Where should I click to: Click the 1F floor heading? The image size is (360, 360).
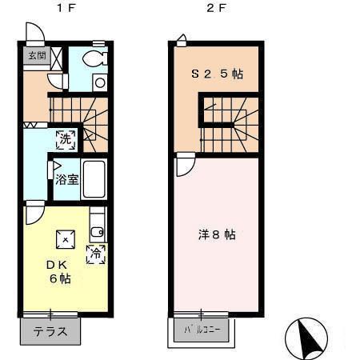tap(66, 8)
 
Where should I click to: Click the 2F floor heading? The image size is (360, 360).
tap(216, 8)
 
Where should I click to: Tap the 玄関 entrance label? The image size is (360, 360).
tap(37, 55)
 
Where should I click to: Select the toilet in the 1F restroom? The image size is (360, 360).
tap(94, 58)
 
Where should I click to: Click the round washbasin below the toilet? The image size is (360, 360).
tap(100, 82)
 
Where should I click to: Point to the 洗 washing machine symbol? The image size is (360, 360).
tap(66, 139)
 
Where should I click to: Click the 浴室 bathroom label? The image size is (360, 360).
tap(66, 179)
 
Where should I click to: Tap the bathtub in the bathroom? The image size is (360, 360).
tap(94, 179)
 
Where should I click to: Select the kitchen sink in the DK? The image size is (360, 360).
tap(97, 232)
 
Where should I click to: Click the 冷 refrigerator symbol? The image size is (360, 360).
tap(96, 254)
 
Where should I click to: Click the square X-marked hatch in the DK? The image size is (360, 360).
tap(66, 240)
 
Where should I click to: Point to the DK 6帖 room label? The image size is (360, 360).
tap(59, 272)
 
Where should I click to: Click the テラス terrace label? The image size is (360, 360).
tap(50, 331)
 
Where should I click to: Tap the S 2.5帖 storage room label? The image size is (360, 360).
tap(217, 74)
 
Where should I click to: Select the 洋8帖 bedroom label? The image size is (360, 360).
tap(217, 234)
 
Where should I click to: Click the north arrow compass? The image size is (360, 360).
tap(306, 339)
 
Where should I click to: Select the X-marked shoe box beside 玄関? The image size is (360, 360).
tap(56, 58)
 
